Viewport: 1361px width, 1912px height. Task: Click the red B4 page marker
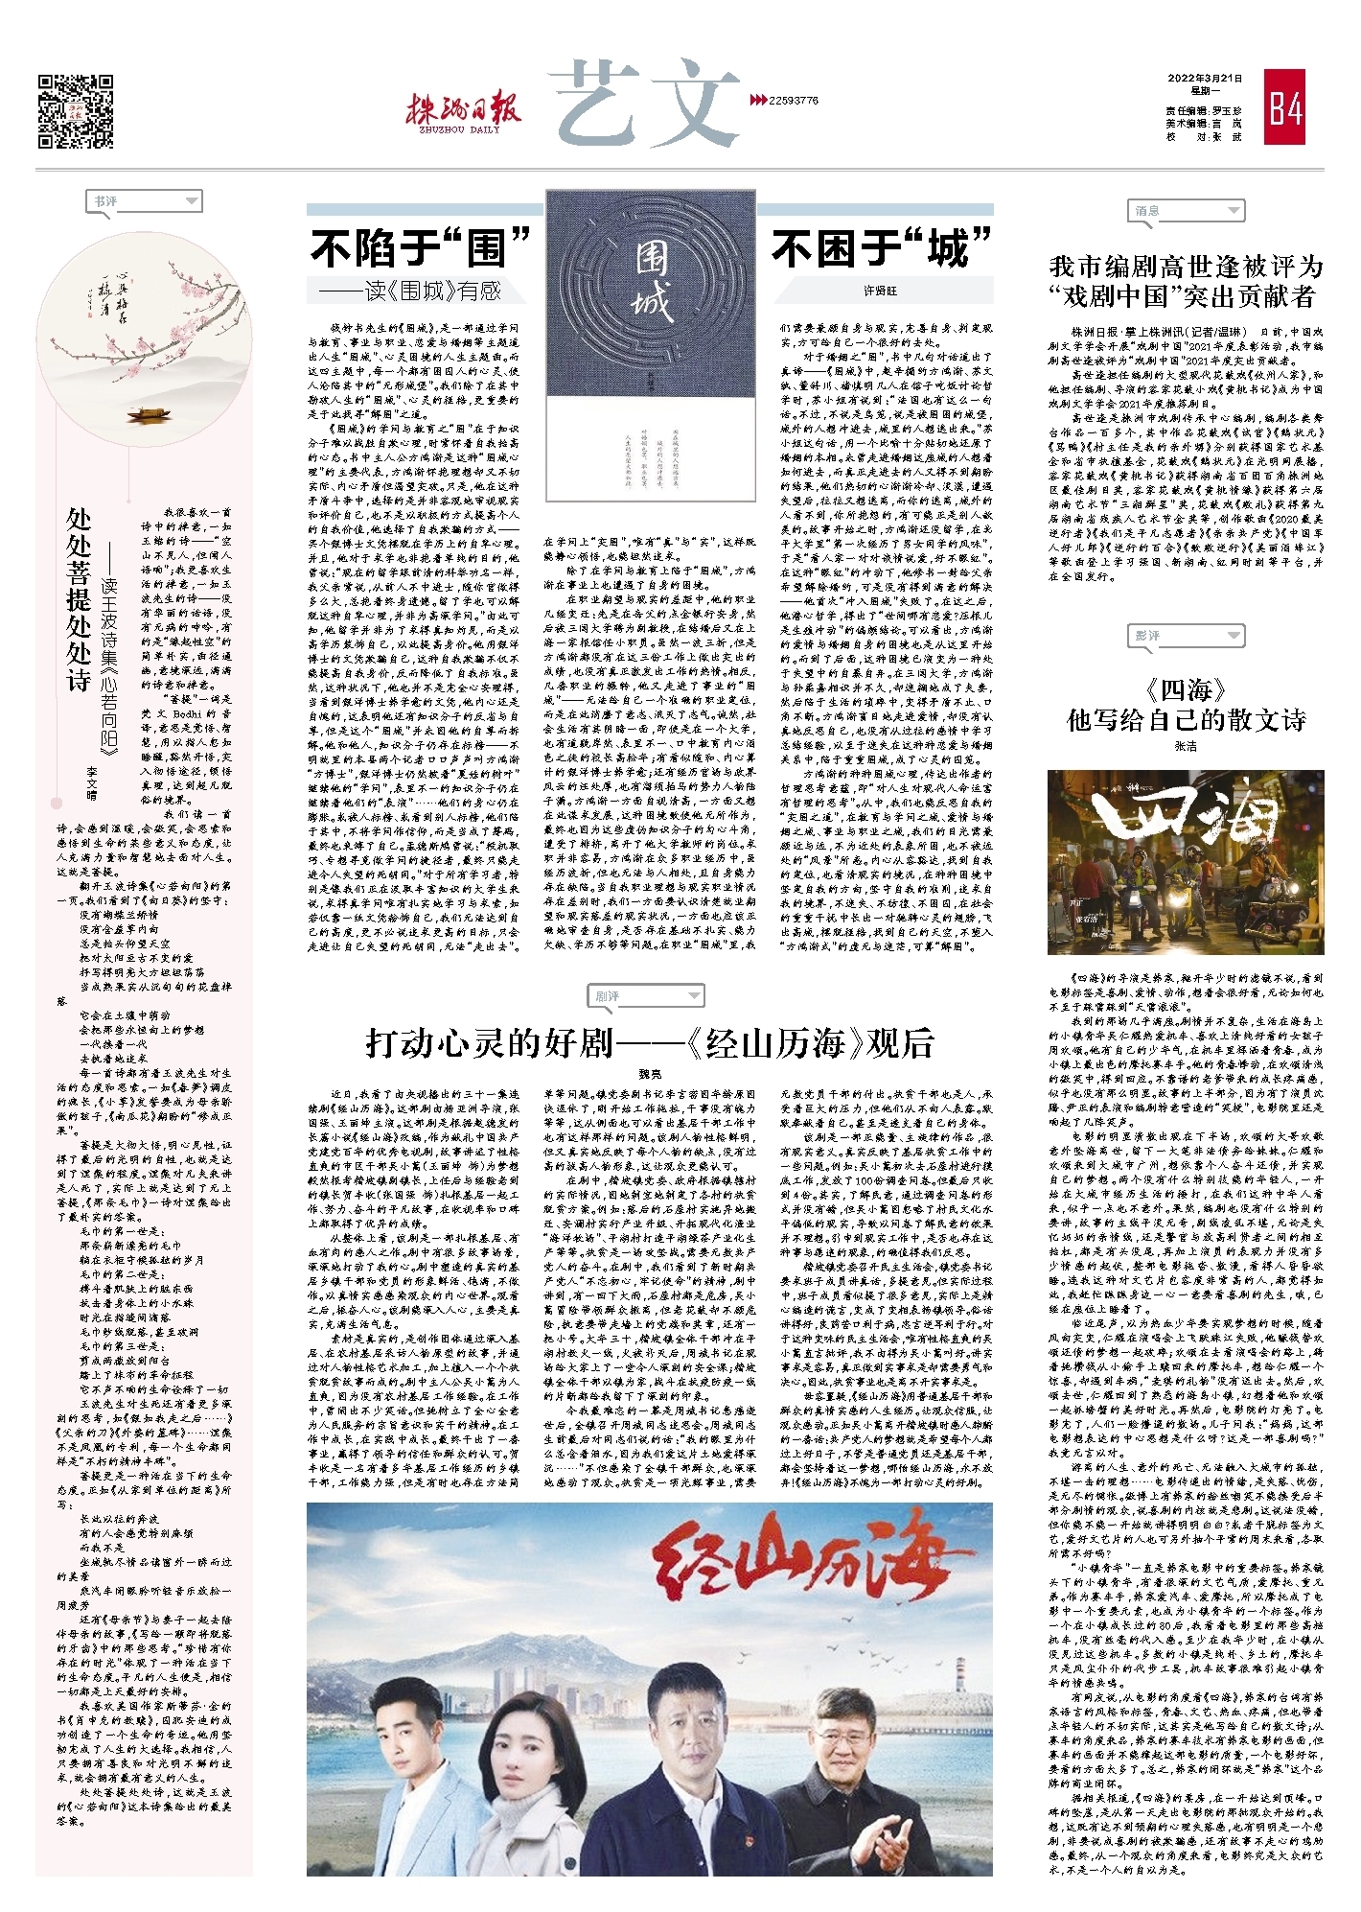(1284, 107)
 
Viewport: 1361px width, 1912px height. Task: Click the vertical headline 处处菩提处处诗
(79, 599)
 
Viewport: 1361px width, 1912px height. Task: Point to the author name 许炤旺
(880, 291)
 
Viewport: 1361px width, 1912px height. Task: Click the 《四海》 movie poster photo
(1186, 849)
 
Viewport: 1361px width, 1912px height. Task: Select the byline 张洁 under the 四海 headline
(1186, 746)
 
